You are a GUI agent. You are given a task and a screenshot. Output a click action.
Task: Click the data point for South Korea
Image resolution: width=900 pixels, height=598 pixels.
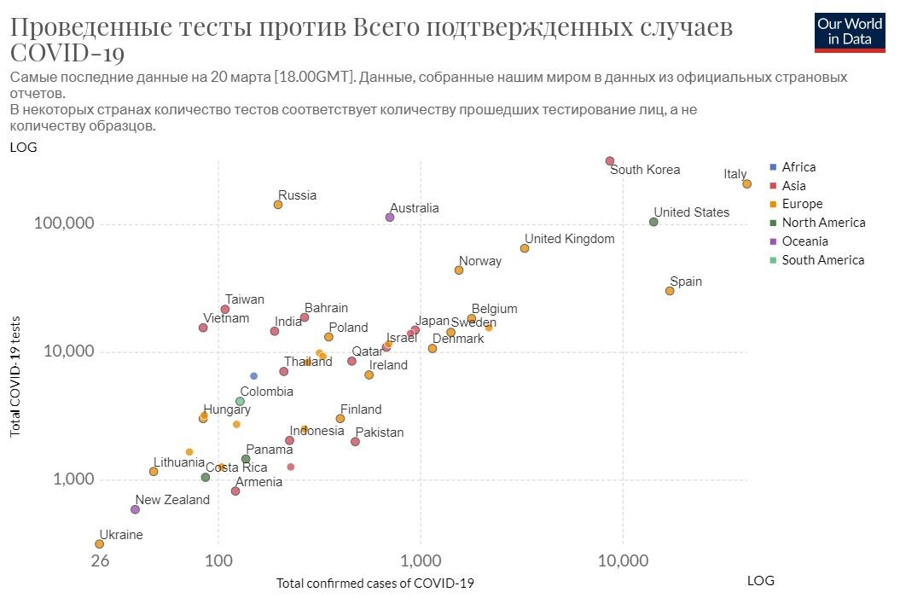(610, 160)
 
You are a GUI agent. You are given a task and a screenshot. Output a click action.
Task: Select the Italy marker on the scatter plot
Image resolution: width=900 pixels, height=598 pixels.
(746, 183)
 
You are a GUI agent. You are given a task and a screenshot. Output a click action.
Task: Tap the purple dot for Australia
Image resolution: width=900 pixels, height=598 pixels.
(390, 217)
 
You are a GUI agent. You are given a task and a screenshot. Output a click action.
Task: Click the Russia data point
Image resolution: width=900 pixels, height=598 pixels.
(278, 204)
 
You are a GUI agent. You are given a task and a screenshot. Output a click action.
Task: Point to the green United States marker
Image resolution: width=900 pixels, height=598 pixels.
(653, 222)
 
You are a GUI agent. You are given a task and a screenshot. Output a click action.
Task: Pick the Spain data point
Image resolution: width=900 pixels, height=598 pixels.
(670, 291)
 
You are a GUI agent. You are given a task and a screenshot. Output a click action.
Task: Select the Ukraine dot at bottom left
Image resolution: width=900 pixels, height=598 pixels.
(100, 543)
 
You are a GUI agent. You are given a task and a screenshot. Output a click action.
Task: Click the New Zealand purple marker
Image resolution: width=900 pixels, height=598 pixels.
(135, 509)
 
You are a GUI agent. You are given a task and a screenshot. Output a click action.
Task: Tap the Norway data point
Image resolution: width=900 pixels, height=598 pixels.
(459, 270)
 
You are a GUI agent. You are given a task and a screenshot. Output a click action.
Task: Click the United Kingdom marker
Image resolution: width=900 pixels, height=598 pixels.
(525, 248)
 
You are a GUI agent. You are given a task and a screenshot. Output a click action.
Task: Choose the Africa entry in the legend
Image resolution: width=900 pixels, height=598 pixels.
(798, 167)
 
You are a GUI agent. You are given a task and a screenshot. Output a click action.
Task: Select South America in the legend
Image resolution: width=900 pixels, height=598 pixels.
(822, 260)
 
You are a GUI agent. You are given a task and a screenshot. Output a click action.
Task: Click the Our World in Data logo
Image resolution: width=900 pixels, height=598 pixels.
(850, 32)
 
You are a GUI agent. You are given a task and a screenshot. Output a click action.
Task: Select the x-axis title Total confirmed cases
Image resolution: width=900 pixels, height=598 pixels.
(375, 583)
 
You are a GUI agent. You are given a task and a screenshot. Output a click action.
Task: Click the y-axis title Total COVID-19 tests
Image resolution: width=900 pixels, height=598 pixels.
(15, 375)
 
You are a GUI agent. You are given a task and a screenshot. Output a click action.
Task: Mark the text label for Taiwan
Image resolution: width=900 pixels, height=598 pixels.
(245, 299)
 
